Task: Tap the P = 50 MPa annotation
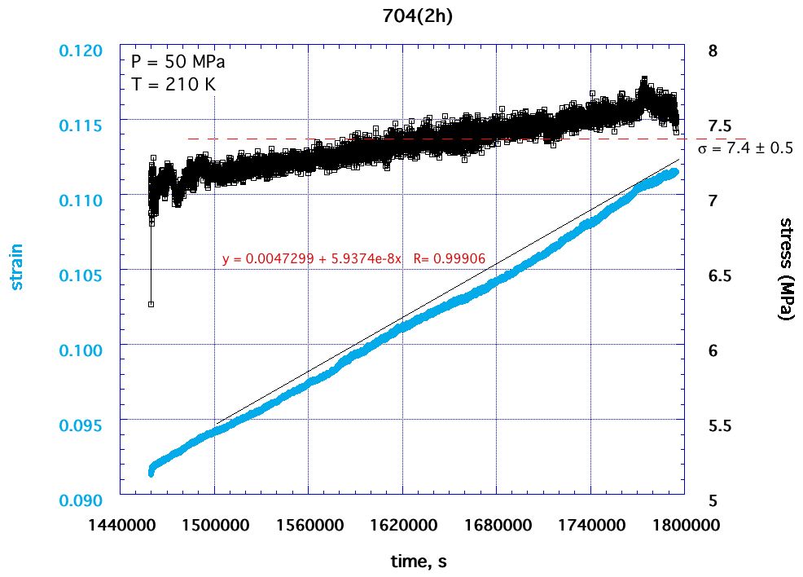tap(178, 62)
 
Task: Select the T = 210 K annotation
tap(173, 83)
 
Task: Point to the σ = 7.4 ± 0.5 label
tap(746, 149)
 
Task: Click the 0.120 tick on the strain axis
tap(82, 51)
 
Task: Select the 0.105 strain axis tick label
tap(82, 275)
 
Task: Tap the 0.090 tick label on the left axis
tap(82, 500)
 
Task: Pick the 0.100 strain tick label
tap(82, 350)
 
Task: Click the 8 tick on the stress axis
tap(713, 51)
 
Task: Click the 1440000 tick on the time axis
tap(121, 525)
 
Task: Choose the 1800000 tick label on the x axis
tap(683, 525)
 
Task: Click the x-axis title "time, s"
tap(417, 562)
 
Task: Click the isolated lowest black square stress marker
tap(151, 304)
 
